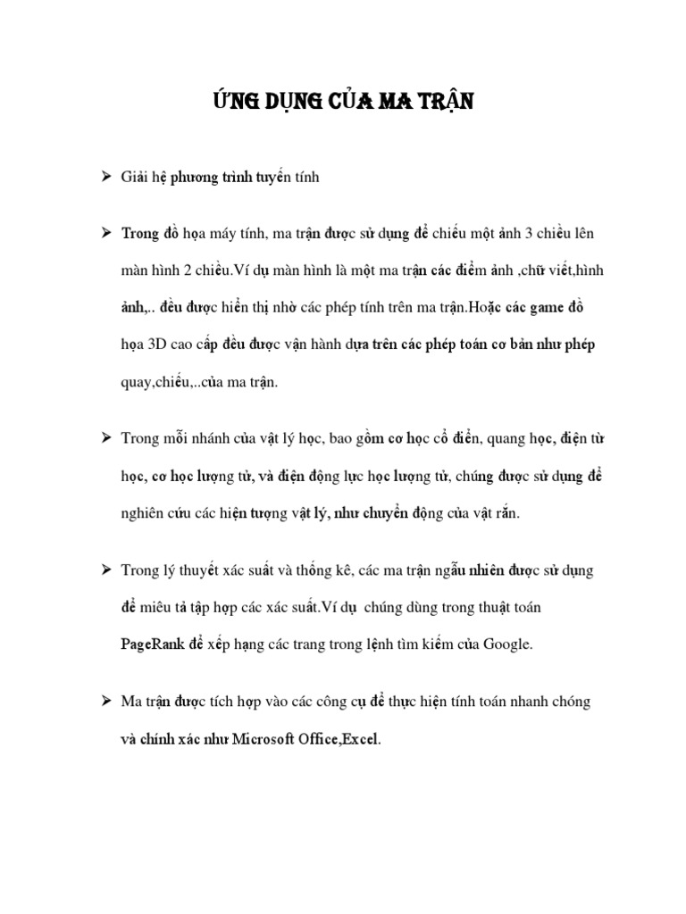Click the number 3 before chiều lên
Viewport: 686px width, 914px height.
point(530,233)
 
